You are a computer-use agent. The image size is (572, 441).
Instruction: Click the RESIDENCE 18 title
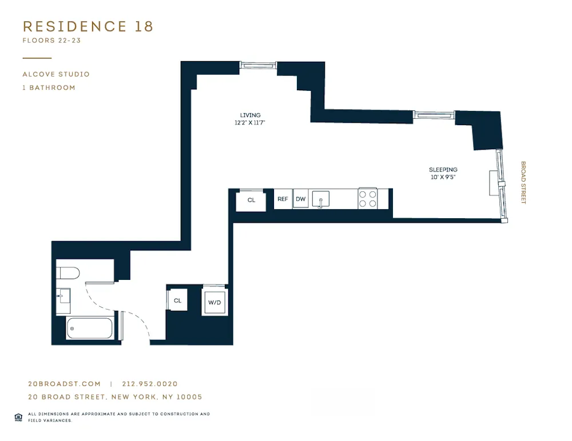tap(88, 26)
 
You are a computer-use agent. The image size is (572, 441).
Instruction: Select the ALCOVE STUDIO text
tap(56, 74)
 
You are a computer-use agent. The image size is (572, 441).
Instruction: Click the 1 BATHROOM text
tap(49, 88)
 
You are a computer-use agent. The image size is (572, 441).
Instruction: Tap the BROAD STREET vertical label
tap(523, 182)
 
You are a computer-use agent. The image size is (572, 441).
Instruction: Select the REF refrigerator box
tap(283, 199)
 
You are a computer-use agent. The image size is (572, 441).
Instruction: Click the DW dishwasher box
tap(301, 199)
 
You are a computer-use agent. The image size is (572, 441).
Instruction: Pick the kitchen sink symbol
tap(321, 199)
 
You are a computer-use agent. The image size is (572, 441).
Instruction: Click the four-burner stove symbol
tap(368, 199)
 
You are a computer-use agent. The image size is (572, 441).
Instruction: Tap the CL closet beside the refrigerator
tap(251, 201)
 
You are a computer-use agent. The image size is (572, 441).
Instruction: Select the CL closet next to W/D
tap(177, 300)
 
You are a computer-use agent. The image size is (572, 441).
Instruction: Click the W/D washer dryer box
tap(215, 302)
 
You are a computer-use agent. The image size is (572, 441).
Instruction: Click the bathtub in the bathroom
tap(89, 328)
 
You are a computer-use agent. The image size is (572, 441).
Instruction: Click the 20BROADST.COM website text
tap(64, 384)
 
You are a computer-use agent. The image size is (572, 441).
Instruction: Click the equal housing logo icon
tap(18, 416)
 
